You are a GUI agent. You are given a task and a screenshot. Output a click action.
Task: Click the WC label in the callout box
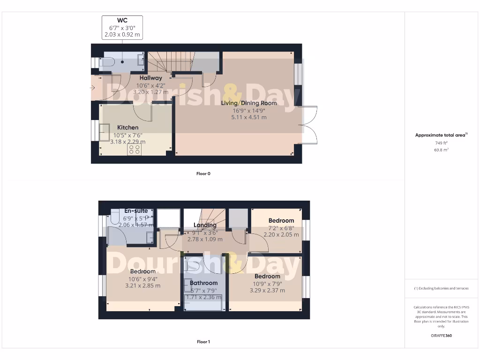(x=122, y=20)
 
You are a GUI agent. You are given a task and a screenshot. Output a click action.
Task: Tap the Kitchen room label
(x=127, y=127)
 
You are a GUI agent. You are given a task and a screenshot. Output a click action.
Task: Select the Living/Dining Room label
(x=249, y=103)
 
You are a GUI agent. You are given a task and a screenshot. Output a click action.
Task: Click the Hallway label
(x=150, y=78)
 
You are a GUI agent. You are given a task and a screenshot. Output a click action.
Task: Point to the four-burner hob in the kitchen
(x=134, y=149)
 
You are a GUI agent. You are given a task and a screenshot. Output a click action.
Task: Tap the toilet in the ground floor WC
(x=107, y=61)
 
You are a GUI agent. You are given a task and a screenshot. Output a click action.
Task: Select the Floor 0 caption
(x=203, y=173)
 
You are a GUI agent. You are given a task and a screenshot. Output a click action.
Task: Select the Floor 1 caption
(x=203, y=342)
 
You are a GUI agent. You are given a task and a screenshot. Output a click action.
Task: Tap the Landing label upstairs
(x=205, y=225)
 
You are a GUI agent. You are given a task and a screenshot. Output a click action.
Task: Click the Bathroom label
(x=203, y=283)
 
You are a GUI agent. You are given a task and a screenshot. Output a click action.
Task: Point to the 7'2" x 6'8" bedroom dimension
(x=281, y=228)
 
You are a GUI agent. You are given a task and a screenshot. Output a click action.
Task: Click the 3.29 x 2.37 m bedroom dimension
(x=267, y=291)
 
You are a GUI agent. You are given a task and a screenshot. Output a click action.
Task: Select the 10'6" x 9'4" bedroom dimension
(x=143, y=278)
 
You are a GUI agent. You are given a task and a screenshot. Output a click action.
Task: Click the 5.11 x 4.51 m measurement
(x=249, y=117)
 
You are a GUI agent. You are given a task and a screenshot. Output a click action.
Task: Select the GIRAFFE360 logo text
(x=442, y=336)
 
